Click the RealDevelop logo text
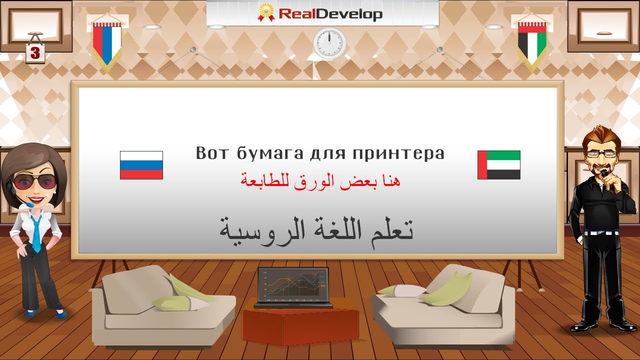pyautogui.click(x=330, y=13)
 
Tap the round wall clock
pyautogui.click(x=329, y=42)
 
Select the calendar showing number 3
pyautogui.click(x=35, y=53)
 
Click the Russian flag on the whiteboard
pyautogui.click(x=141, y=165)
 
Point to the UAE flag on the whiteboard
pyautogui.click(x=498, y=165)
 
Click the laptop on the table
pyautogui.click(x=293, y=287)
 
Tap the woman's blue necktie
pyautogui.click(x=36, y=232)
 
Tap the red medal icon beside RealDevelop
pyautogui.click(x=266, y=12)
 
